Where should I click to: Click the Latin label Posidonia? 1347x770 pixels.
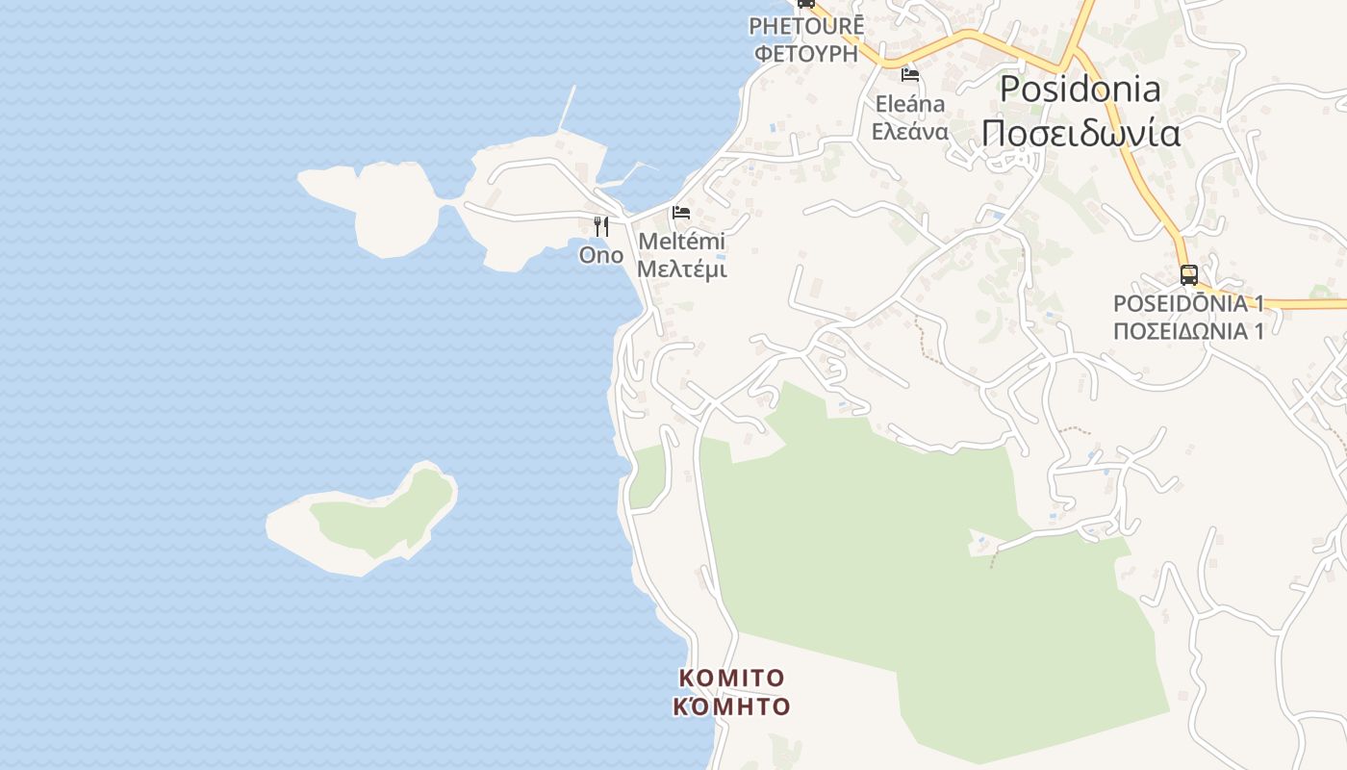pos(1080,90)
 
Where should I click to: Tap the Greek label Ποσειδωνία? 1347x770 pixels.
pos(1080,133)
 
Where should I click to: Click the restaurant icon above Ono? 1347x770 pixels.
pos(600,226)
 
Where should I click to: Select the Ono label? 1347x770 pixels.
pos(600,255)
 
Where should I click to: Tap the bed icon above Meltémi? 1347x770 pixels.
pos(681,212)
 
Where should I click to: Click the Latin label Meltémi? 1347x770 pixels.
pos(681,242)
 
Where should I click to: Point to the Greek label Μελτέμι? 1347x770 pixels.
pos(681,269)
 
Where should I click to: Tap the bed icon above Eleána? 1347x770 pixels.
pos(909,74)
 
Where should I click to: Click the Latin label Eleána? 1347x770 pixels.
pos(909,104)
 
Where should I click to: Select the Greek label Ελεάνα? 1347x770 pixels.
pos(909,132)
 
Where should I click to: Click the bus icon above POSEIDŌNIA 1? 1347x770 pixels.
pos(1188,275)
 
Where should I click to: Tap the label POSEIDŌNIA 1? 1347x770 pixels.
pos(1187,304)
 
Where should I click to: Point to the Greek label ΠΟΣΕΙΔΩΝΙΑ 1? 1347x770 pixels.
pos(1187,331)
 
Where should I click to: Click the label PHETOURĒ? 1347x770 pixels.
pos(806,26)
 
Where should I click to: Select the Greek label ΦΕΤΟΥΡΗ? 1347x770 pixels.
pos(806,53)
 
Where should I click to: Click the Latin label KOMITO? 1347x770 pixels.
pos(731,679)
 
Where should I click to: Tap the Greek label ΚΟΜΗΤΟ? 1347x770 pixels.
pos(731,707)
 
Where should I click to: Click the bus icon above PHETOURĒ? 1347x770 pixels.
pos(806,4)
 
